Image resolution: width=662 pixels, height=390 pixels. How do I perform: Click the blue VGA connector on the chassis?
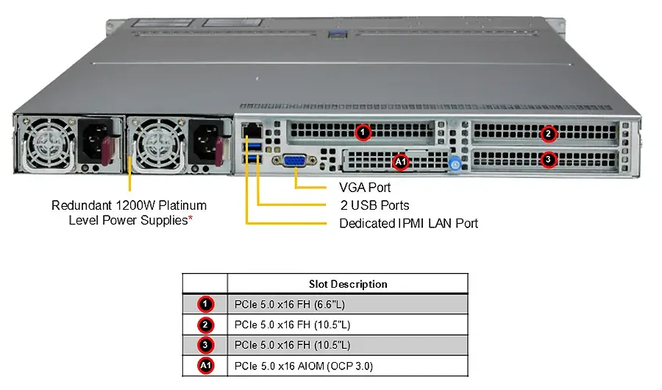pyautogui.click(x=295, y=161)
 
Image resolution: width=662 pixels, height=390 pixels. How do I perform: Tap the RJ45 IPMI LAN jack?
pyautogui.click(x=252, y=130)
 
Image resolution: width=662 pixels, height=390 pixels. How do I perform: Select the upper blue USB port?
pyautogui.click(x=253, y=147)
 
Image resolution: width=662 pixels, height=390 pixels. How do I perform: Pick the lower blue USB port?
pyautogui.click(x=253, y=159)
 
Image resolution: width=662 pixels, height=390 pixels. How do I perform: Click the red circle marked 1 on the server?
pyautogui.click(x=363, y=132)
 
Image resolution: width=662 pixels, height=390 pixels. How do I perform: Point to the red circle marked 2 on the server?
pyautogui.click(x=548, y=134)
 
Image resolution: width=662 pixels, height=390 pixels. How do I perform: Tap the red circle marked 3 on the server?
pyautogui.click(x=548, y=160)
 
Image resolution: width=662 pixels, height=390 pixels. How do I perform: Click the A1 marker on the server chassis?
pyautogui.click(x=400, y=161)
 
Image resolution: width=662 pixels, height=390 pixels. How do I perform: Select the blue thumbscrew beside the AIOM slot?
pyautogui.click(x=455, y=163)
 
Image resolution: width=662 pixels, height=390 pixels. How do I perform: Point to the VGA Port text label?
pyautogui.click(x=365, y=187)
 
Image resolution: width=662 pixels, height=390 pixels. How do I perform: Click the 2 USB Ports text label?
pyautogui.click(x=375, y=205)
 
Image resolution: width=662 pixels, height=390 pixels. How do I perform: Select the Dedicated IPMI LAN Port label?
pyautogui.click(x=409, y=223)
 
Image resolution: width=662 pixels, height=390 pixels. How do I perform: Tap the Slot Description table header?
pyautogui.click(x=348, y=284)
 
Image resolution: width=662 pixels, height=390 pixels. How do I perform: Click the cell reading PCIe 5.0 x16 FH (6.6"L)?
pyautogui.click(x=290, y=304)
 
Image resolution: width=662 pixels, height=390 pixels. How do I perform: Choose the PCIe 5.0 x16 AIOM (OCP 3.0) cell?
pyautogui.click(x=304, y=366)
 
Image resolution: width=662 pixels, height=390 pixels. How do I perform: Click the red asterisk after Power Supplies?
pyautogui.click(x=191, y=218)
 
